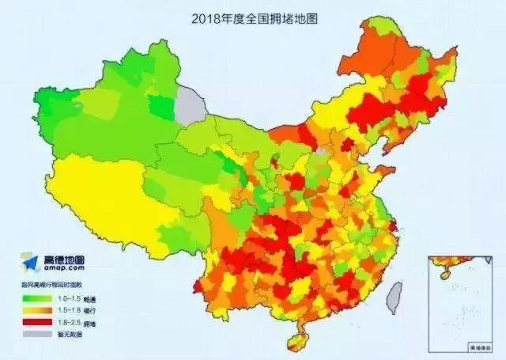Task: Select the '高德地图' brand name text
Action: click(64, 260)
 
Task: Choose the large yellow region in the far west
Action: click(103, 198)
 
